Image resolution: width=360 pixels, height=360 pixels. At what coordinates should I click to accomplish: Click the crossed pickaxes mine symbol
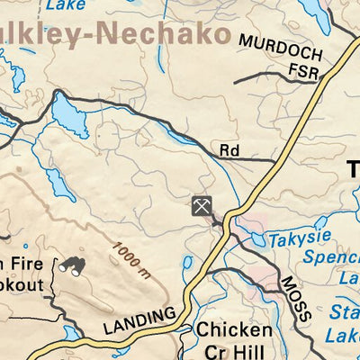[202, 205]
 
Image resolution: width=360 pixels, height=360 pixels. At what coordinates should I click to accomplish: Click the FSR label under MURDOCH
[305, 72]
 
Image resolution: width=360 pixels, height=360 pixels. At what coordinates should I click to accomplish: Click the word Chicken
[234, 330]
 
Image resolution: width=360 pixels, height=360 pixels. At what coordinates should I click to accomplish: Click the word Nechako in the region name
[162, 34]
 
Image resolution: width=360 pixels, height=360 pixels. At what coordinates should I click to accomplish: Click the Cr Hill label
[234, 351]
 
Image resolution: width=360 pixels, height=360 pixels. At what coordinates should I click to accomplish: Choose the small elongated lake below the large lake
[59, 184]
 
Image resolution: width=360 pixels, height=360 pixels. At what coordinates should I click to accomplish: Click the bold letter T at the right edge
[352, 167]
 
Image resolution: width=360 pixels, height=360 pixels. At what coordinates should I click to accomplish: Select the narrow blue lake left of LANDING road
[187, 268]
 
